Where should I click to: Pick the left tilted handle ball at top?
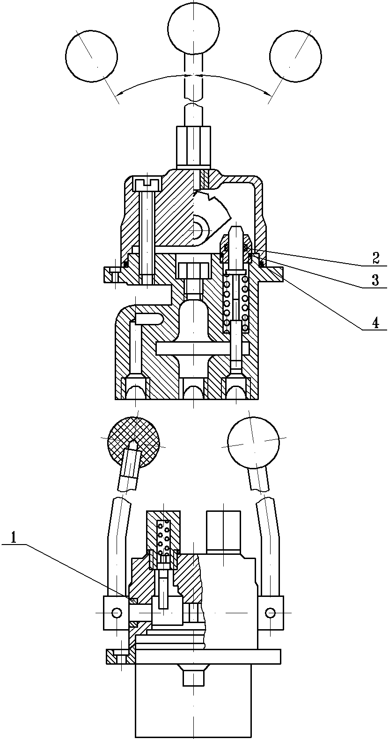pos(92,56)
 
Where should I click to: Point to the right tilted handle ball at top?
pos(295,56)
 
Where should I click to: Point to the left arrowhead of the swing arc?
pos(121,93)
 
